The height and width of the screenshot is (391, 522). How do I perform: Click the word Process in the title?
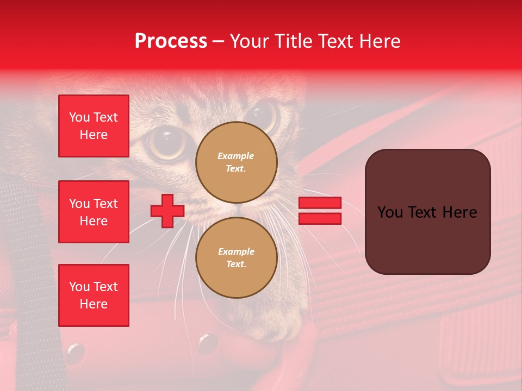(x=171, y=41)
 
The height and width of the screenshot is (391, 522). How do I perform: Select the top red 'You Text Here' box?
(x=94, y=126)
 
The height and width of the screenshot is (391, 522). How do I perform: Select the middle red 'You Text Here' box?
(x=94, y=212)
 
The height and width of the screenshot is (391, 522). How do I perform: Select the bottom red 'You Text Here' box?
(x=94, y=295)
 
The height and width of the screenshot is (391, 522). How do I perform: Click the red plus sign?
(x=167, y=211)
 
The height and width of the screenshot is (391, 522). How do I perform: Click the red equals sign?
(x=320, y=211)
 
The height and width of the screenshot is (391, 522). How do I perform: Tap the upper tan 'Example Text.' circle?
(x=236, y=162)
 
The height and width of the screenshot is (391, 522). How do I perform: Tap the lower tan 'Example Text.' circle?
(x=236, y=257)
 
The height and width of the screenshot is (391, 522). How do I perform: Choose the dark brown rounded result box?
(x=427, y=212)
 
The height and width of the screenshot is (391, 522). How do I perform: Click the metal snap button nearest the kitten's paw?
(x=207, y=343)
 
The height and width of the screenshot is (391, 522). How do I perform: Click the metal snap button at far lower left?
(x=75, y=353)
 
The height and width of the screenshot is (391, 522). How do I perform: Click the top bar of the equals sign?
(x=320, y=203)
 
